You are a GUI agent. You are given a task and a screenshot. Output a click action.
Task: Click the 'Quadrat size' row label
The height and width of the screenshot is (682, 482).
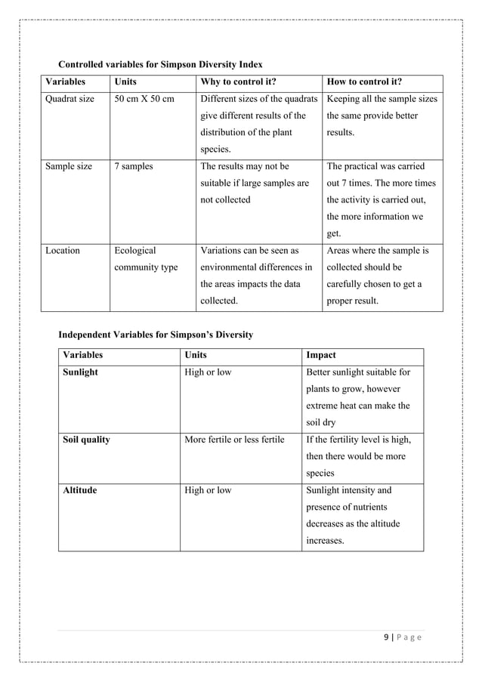pos(70,99)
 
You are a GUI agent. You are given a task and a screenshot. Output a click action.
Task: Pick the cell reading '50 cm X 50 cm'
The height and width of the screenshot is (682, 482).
pos(144,99)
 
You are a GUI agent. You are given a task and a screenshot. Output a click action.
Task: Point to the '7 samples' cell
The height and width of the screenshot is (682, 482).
pos(133,166)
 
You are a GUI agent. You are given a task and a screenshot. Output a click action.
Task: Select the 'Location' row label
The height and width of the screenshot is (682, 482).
pos(63,250)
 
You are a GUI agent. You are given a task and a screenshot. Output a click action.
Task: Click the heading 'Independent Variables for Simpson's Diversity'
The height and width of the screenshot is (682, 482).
pos(156,335)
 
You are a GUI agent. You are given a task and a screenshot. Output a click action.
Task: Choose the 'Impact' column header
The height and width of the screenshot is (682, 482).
pos(321,355)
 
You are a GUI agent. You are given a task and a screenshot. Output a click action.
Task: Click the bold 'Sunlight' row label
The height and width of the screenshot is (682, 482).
pos(81,372)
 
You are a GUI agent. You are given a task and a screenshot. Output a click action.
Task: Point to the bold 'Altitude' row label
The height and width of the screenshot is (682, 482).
pos(80,490)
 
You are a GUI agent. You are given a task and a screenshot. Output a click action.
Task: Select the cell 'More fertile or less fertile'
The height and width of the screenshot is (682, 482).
pos(234,440)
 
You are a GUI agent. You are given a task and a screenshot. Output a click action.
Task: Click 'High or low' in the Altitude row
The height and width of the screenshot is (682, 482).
pos(208,490)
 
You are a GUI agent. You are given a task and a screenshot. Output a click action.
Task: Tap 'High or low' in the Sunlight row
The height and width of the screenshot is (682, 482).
pos(208,372)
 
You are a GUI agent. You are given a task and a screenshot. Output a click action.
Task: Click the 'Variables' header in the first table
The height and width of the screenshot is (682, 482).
pos(65,82)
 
